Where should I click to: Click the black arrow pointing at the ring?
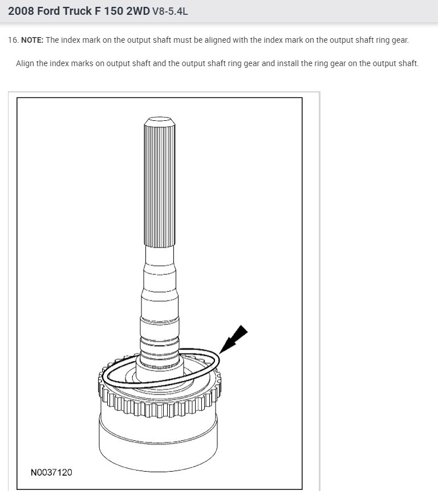233,339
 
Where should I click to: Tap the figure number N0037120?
51,472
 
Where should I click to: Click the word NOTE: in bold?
33,40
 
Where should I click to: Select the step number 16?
14,40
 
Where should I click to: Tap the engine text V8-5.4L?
170,11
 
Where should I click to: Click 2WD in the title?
138,11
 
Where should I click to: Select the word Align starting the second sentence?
25,63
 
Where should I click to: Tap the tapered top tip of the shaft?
160,120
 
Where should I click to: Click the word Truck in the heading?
77,11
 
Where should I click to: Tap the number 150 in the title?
113,11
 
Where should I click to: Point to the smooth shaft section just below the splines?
160,255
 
